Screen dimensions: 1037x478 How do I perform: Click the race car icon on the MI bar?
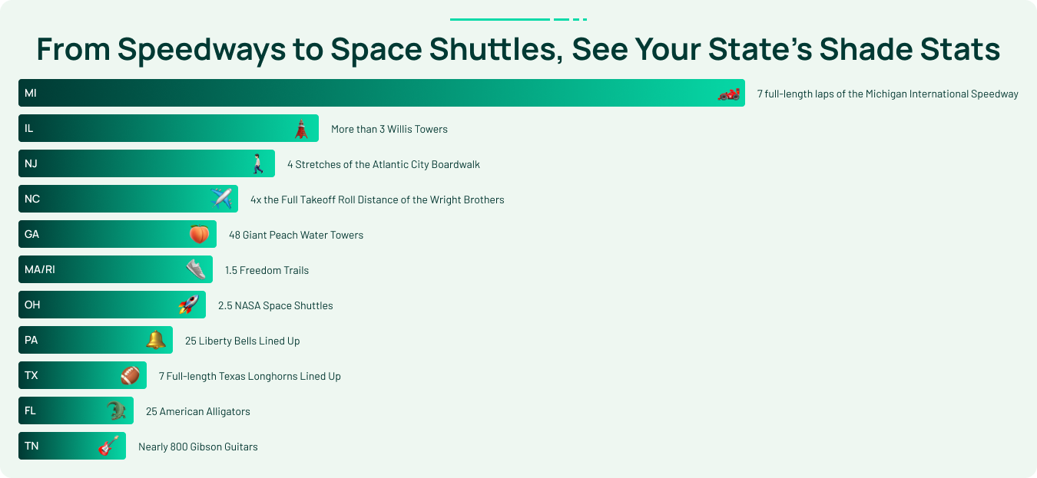coord(729,94)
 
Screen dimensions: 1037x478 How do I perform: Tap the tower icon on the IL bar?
coord(301,129)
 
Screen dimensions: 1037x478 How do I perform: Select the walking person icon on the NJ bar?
coord(258,164)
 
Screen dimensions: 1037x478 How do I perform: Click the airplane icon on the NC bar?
coord(221,199)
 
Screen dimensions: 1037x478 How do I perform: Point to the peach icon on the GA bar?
coord(200,234)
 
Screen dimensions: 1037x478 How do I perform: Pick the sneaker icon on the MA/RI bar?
coord(196,269)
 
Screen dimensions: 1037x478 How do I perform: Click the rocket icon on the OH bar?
coord(189,304)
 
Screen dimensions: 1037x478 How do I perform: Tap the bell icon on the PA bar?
coord(155,340)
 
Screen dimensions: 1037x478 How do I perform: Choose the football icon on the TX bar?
coord(130,375)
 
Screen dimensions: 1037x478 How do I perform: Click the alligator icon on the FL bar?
coord(116,410)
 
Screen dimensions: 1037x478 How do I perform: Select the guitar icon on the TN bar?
coord(108,446)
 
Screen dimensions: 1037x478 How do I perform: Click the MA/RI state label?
coord(40,269)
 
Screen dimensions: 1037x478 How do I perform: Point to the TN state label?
coord(31,446)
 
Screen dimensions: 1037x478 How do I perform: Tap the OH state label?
coord(32,305)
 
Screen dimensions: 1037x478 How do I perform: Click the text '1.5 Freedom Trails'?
coord(267,270)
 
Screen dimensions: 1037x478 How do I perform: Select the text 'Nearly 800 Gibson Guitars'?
coord(198,447)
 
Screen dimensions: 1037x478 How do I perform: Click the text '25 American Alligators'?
coord(198,411)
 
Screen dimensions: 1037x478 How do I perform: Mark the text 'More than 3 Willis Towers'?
coord(389,129)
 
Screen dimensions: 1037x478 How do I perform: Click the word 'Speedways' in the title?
coord(201,50)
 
